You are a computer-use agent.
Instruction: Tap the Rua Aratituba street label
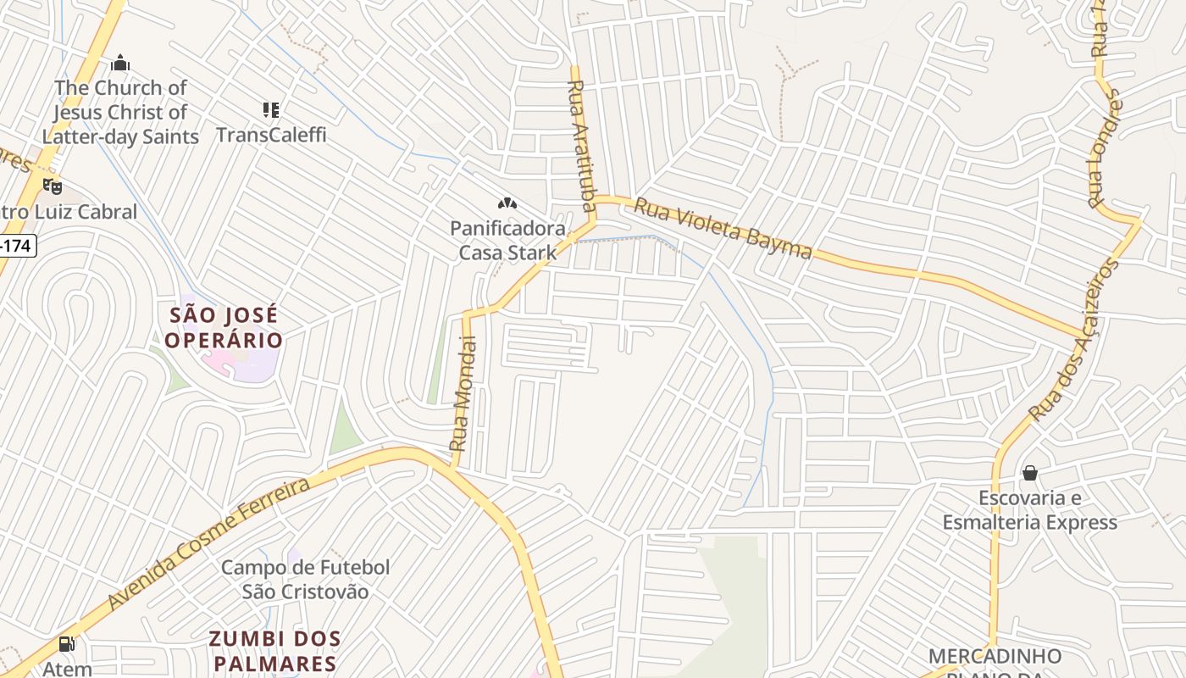point(581,145)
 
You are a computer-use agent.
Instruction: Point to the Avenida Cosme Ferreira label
point(209,543)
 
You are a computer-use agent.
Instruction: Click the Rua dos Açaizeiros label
point(1073,341)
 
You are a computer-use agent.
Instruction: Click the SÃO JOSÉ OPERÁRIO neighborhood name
point(224,328)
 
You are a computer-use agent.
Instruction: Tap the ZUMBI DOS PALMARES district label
point(275,651)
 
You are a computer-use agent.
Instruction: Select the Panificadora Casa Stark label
point(507,240)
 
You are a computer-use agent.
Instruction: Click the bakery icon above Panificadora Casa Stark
point(507,203)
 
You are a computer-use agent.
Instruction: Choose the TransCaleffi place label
point(271,135)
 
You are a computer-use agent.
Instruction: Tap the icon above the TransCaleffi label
point(271,109)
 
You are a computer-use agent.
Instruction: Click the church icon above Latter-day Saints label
point(120,63)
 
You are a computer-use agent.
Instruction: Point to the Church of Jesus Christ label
point(120,112)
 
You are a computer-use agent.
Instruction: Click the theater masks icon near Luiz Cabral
point(53,186)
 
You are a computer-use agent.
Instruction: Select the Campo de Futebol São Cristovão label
point(305,580)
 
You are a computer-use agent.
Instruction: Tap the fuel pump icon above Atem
point(67,644)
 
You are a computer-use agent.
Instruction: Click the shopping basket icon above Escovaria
point(1030,472)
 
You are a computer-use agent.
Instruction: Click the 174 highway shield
point(17,247)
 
